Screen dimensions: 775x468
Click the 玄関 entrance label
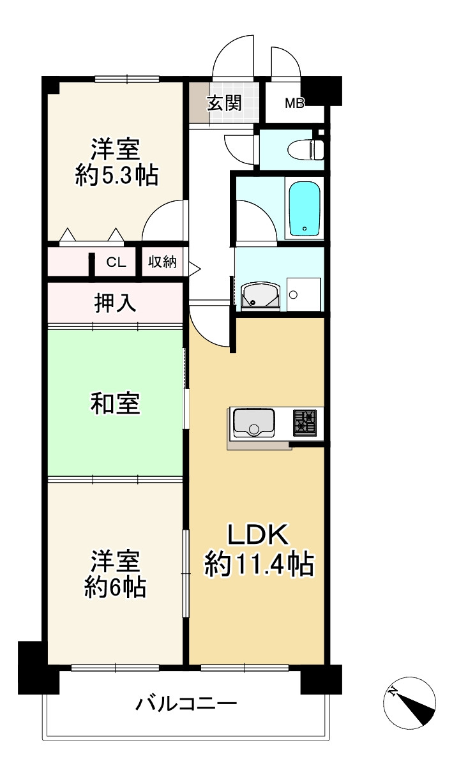tap(224, 103)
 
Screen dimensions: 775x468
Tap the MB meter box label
tap(294, 103)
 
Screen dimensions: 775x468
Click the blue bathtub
tap(304, 209)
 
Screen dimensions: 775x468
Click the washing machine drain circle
tap(293, 294)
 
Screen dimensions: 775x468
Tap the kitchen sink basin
tap(253, 422)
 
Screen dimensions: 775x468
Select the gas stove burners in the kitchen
tap(305, 423)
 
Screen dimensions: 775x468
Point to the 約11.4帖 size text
tap(259, 565)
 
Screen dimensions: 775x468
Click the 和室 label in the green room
tap(115, 403)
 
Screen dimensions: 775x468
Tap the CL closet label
tap(116, 262)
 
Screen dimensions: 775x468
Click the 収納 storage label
tap(162, 262)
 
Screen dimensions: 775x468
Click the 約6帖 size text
tap(116, 587)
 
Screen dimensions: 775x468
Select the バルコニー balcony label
tap(186, 705)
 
